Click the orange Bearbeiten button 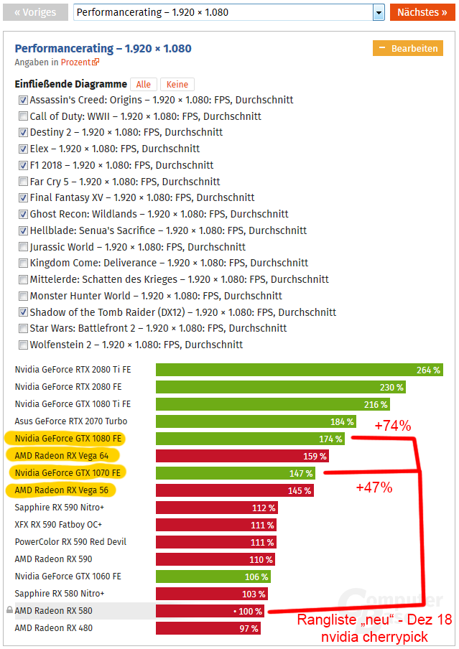tap(408, 48)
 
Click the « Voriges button tap(35, 12)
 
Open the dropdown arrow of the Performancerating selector tap(378, 13)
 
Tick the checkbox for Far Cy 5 tap(24, 182)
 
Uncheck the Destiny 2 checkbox tap(24, 133)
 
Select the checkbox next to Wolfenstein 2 tap(24, 345)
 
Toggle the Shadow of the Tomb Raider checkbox tap(24, 312)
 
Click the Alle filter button tap(144, 85)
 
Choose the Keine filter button tap(177, 85)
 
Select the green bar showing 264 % tap(299, 370)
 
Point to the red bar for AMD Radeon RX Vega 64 tap(243, 456)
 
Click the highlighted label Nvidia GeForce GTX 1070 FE tap(68, 473)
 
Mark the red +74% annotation tap(393, 426)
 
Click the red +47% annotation tap(374, 487)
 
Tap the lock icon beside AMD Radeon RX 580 tap(9, 611)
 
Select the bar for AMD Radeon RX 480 tap(208, 628)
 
